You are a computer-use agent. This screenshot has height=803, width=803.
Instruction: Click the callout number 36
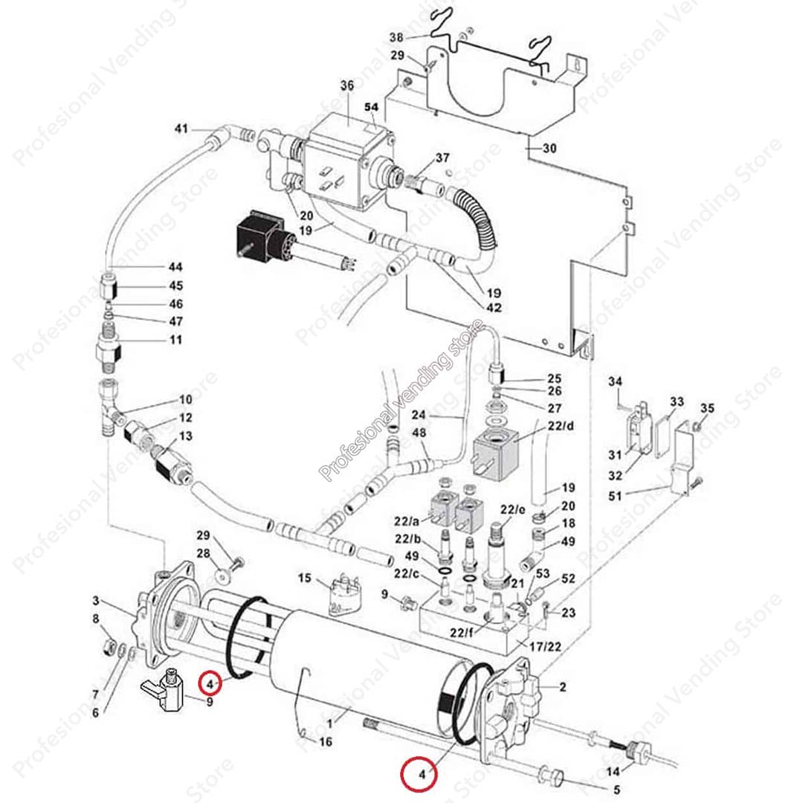(x=347, y=86)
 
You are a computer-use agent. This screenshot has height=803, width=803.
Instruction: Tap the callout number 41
(x=181, y=129)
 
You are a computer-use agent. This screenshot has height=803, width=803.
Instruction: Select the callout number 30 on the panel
(x=549, y=149)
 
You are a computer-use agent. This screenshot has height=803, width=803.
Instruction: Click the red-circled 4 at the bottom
(x=420, y=774)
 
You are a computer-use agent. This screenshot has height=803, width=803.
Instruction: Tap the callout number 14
(x=613, y=770)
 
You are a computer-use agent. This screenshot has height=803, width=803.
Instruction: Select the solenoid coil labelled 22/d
(x=498, y=452)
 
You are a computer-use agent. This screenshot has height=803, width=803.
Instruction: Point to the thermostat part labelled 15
(x=342, y=596)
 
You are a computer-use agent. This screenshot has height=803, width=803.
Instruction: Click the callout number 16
(x=325, y=742)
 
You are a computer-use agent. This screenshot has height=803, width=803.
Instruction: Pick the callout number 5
(x=616, y=790)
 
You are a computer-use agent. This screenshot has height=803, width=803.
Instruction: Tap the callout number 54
(x=371, y=108)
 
